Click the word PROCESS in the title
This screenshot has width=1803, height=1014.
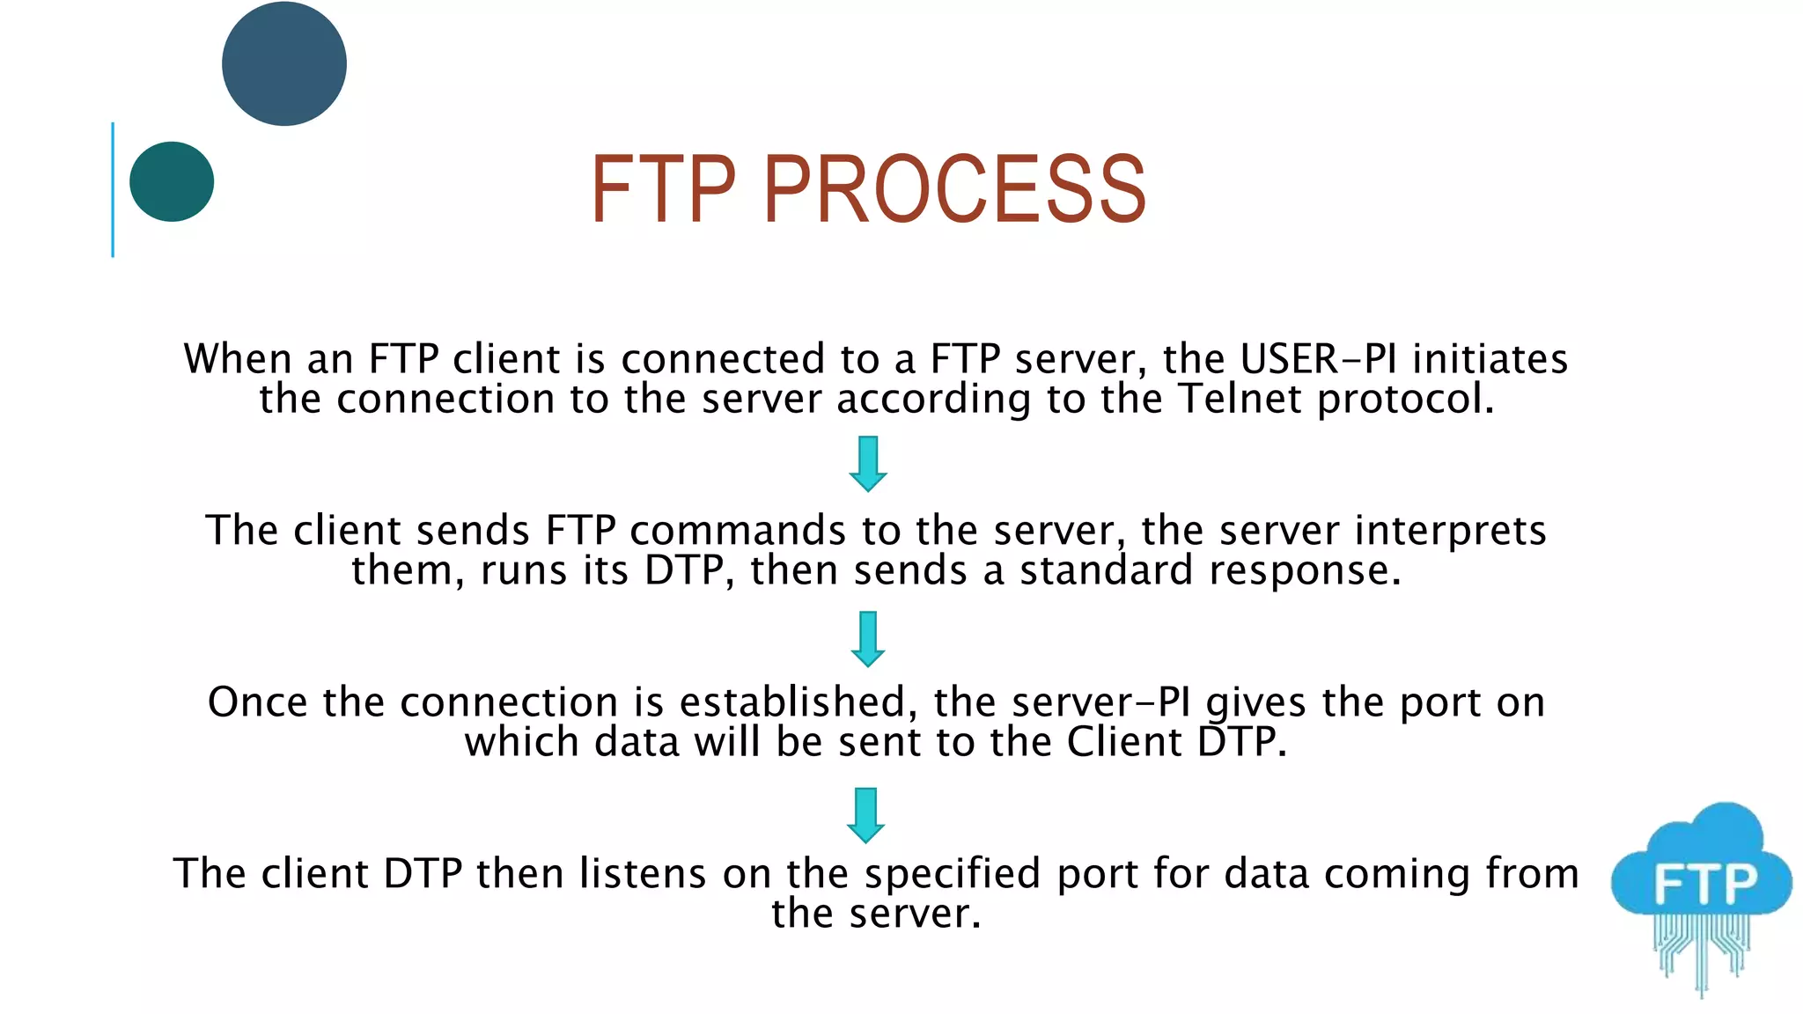click(954, 189)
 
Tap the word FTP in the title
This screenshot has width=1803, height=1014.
click(662, 189)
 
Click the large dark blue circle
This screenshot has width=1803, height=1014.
click(284, 63)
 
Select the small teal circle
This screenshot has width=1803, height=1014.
click(172, 181)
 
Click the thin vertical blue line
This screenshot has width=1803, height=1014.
click(113, 189)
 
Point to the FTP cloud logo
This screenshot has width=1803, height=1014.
click(1702, 889)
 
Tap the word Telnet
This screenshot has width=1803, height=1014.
click(1240, 399)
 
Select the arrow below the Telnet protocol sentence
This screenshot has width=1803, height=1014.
click(868, 464)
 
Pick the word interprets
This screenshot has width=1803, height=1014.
click(1450, 531)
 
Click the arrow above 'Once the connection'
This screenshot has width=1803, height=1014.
click(868, 639)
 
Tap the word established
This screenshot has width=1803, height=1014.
click(792, 702)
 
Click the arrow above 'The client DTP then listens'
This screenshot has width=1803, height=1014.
click(866, 815)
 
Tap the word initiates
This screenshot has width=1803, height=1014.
click(1490, 359)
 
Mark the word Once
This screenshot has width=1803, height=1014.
click(258, 702)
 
